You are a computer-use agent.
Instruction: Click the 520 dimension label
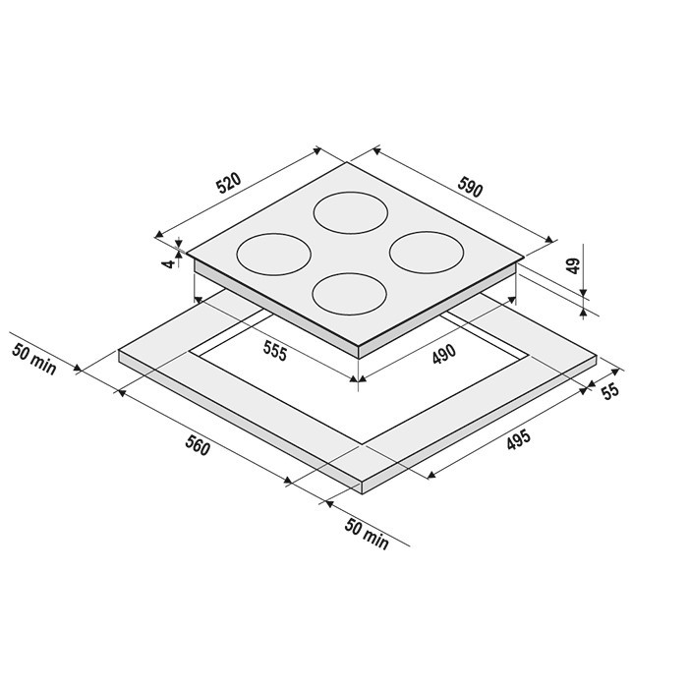[x=229, y=183]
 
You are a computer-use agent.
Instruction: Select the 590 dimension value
[x=470, y=187]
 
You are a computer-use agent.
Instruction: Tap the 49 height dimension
[x=573, y=266]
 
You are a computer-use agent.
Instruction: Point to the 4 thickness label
[x=168, y=264]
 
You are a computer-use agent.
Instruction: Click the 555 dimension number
[x=275, y=351]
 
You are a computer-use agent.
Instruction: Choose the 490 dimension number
[x=444, y=354]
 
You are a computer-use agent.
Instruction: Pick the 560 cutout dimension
[x=198, y=445]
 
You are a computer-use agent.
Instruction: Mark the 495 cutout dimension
[x=519, y=439]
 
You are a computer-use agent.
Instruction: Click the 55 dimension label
[x=610, y=392]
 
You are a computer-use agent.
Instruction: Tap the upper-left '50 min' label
[x=34, y=360]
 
